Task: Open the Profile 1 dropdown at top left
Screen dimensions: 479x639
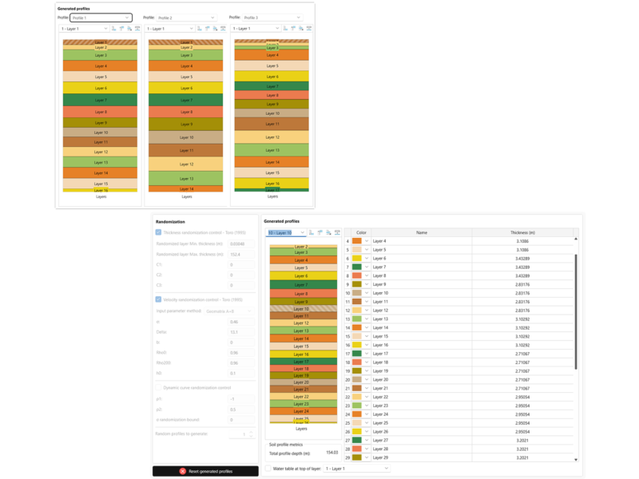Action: pos(100,17)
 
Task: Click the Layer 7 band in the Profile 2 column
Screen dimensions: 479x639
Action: pos(186,100)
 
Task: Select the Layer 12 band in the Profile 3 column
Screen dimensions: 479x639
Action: pos(272,137)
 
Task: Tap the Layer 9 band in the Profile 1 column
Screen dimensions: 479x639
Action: pos(100,123)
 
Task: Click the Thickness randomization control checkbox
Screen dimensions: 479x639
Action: pos(158,232)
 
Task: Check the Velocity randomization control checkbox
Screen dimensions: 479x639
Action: pos(158,299)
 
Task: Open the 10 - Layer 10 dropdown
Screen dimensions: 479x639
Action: pos(285,232)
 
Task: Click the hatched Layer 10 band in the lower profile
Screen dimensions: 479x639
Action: pos(301,309)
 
